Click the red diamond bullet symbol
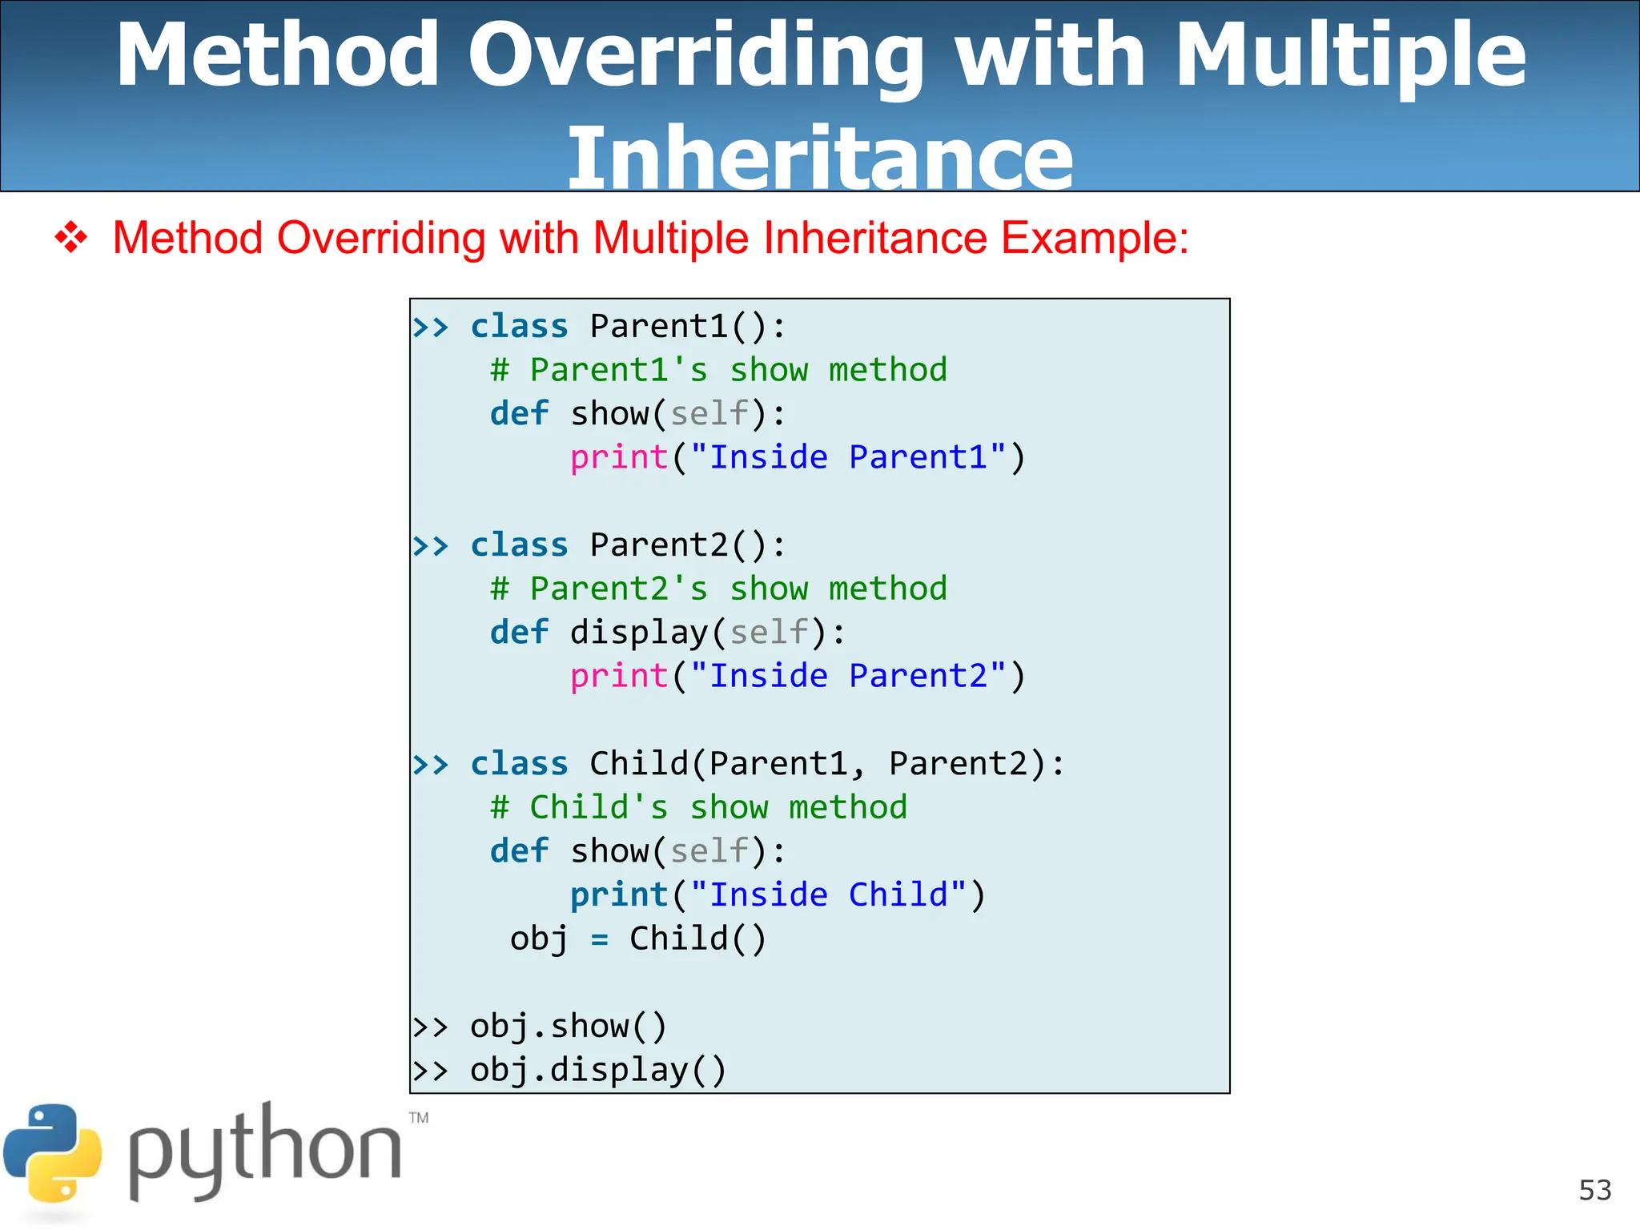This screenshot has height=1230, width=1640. point(71,238)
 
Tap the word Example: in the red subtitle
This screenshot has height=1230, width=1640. point(1095,238)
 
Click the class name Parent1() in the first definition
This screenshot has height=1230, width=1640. point(688,326)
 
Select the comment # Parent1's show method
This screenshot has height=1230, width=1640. point(718,370)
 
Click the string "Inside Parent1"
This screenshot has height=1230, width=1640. point(848,457)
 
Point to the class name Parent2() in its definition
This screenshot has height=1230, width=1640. point(688,545)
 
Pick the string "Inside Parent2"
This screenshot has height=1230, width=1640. point(848,676)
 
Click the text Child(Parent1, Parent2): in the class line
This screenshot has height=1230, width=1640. point(827,763)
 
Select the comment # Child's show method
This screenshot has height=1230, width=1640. point(698,807)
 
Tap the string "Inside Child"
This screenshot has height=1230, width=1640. point(828,894)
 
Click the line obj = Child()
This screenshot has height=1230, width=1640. point(638,939)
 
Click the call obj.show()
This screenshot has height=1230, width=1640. point(568,1026)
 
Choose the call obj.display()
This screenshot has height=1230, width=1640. point(597,1070)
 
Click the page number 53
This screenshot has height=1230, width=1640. point(1594,1190)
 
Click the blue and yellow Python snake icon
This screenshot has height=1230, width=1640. point(53,1153)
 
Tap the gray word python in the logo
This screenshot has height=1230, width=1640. point(264,1153)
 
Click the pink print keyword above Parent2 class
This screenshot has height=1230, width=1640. point(618,457)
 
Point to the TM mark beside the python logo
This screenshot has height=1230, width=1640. point(419,1118)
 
